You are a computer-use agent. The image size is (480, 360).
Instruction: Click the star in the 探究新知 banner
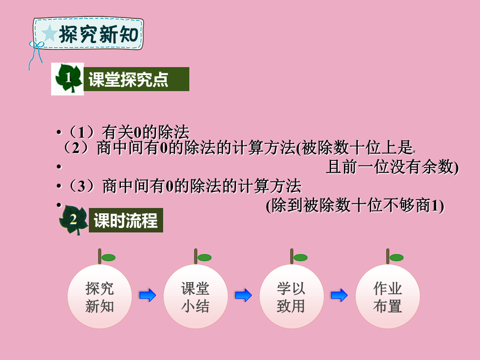[x=49, y=33]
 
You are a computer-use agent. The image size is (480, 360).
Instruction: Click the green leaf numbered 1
[x=68, y=78]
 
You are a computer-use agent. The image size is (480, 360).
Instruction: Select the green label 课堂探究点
[x=136, y=79]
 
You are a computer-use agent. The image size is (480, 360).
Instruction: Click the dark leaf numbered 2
[x=73, y=220]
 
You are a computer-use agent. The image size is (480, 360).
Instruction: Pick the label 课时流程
[x=126, y=220]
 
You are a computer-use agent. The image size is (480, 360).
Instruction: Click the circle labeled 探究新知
[x=100, y=296]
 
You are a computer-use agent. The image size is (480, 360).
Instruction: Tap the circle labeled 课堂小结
[x=196, y=296]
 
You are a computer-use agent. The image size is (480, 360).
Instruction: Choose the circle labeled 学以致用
[x=292, y=296]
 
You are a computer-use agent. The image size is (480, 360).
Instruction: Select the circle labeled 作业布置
[x=388, y=296]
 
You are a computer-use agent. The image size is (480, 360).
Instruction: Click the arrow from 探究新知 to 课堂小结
[x=148, y=295]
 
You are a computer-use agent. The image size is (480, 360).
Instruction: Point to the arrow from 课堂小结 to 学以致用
[x=244, y=295]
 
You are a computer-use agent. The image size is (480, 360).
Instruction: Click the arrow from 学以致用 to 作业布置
[x=339, y=295]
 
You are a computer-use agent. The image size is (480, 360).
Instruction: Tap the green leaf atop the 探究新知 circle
[x=108, y=258]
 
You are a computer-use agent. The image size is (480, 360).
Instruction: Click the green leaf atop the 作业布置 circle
[x=396, y=258]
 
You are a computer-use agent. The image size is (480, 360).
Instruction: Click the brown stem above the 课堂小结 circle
[x=196, y=256]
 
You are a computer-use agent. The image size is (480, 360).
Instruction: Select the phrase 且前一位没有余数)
[x=392, y=167]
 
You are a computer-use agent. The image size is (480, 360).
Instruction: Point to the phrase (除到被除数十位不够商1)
[x=355, y=205]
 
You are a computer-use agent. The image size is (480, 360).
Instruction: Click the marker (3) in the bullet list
[x=81, y=186]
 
